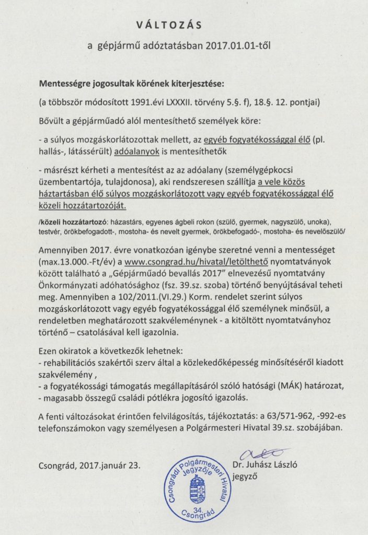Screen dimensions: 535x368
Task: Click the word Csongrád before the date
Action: point(58,463)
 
